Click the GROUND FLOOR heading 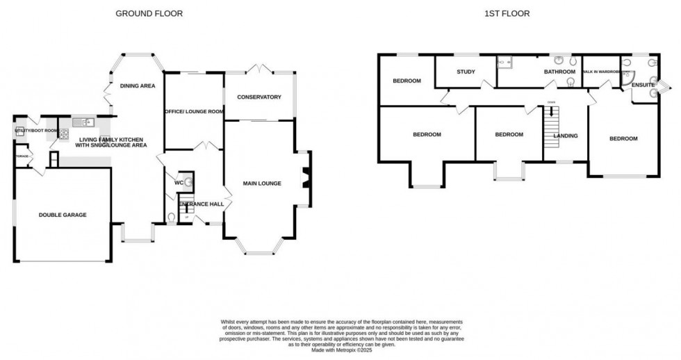(149, 13)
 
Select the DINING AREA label (138, 85)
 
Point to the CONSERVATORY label (259, 97)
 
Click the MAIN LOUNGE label (262, 183)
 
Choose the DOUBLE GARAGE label (63, 215)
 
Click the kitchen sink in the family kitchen (86, 123)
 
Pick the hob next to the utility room (63, 133)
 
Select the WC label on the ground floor (179, 183)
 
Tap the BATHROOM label (559, 72)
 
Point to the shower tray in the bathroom (504, 63)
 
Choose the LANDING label (565, 136)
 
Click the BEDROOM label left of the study (407, 81)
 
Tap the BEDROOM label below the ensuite (623, 138)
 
